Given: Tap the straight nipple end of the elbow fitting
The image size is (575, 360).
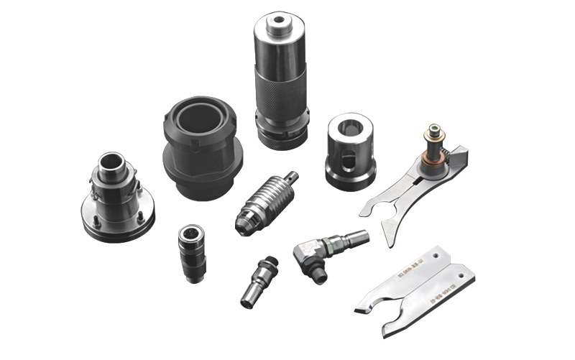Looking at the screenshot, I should coord(354,236).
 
